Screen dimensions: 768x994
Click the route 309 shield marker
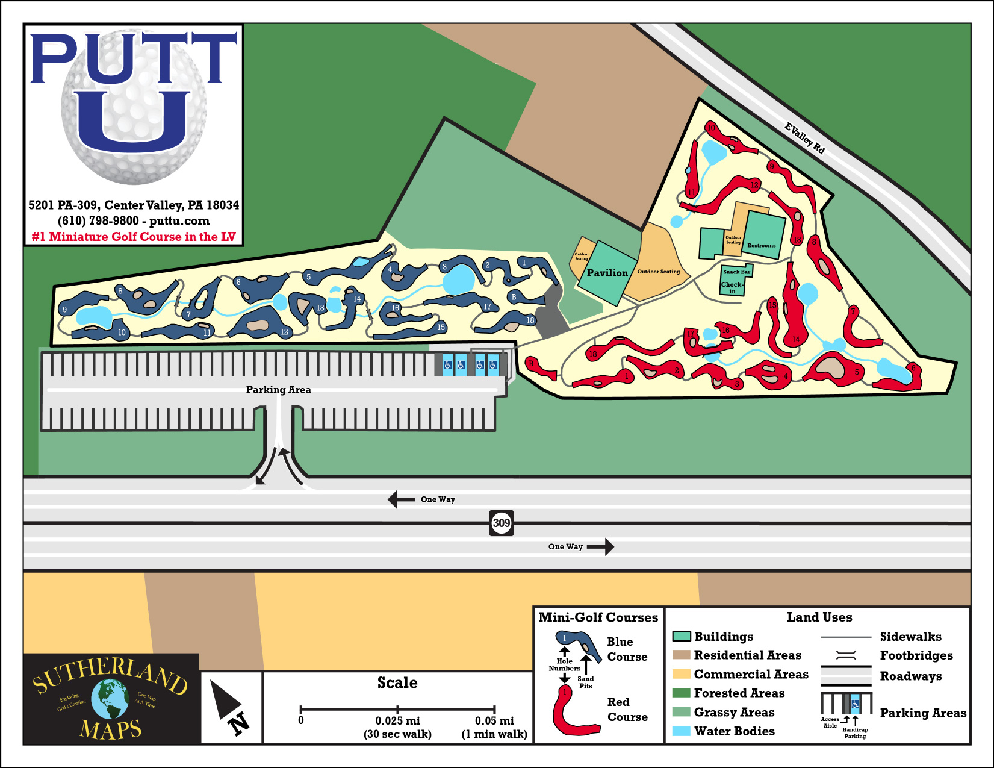[502, 523]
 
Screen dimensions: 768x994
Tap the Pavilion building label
[607, 273]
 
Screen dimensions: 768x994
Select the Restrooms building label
[761, 245]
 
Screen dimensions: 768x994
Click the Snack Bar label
[737, 272]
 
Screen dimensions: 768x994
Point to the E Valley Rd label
[804, 138]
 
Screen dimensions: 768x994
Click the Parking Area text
[278, 390]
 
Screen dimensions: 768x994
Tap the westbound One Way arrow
[401, 499]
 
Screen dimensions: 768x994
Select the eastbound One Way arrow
[600, 547]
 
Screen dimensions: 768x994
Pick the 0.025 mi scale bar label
[397, 721]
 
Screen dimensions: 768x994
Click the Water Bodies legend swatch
[681, 731]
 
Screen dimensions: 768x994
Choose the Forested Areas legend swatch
[681, 693]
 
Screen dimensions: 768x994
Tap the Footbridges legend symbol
[846, 655]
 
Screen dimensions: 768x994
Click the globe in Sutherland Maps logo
[110, 699]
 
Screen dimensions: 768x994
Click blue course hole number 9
[65, 310]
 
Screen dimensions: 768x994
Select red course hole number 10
[711, 128]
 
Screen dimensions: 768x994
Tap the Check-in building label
[732, 287]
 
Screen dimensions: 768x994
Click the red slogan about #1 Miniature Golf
[134, 237]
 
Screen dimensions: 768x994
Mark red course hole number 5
[857, 372]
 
